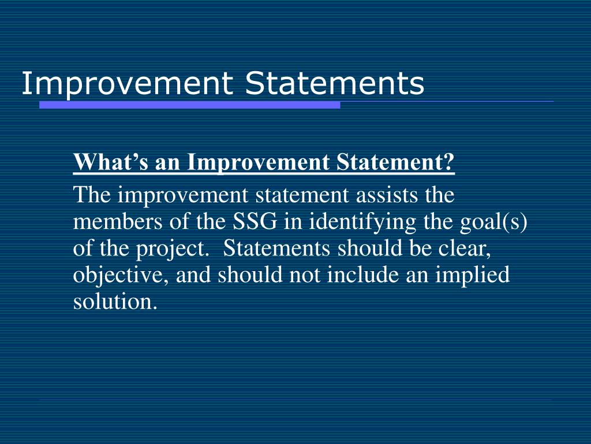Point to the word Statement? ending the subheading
pyautogui.click(x=396, y=163)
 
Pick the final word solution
pyautogui.click(x=115, y=302)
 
